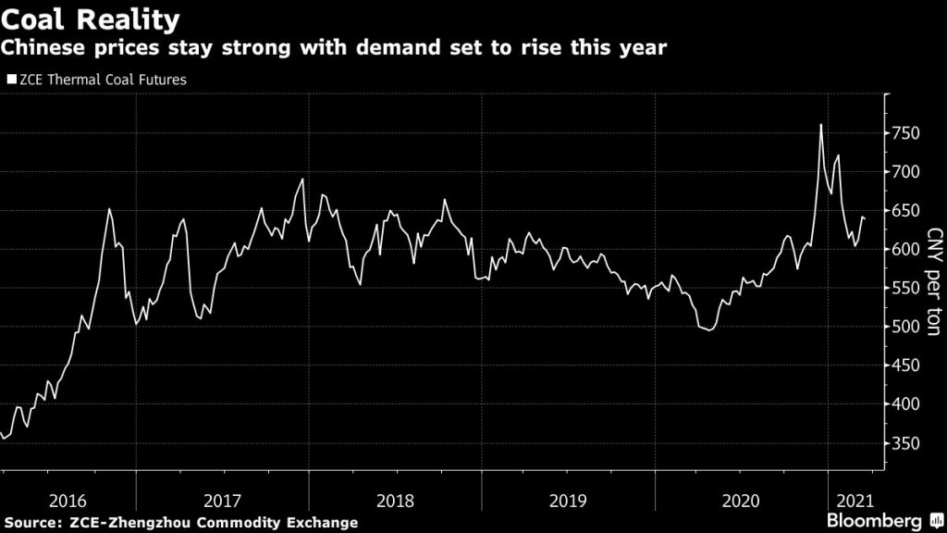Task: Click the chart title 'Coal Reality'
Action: [x=91, y=19]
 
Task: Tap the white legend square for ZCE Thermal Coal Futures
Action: [x=11, y=81]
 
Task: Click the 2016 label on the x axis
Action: [x=68, y=501]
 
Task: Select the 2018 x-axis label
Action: [x=395, y=501]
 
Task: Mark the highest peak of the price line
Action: [x=820, y=125]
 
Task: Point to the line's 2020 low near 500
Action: [x=709, y=329]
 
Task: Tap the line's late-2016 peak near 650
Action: [x=109, y=209]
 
